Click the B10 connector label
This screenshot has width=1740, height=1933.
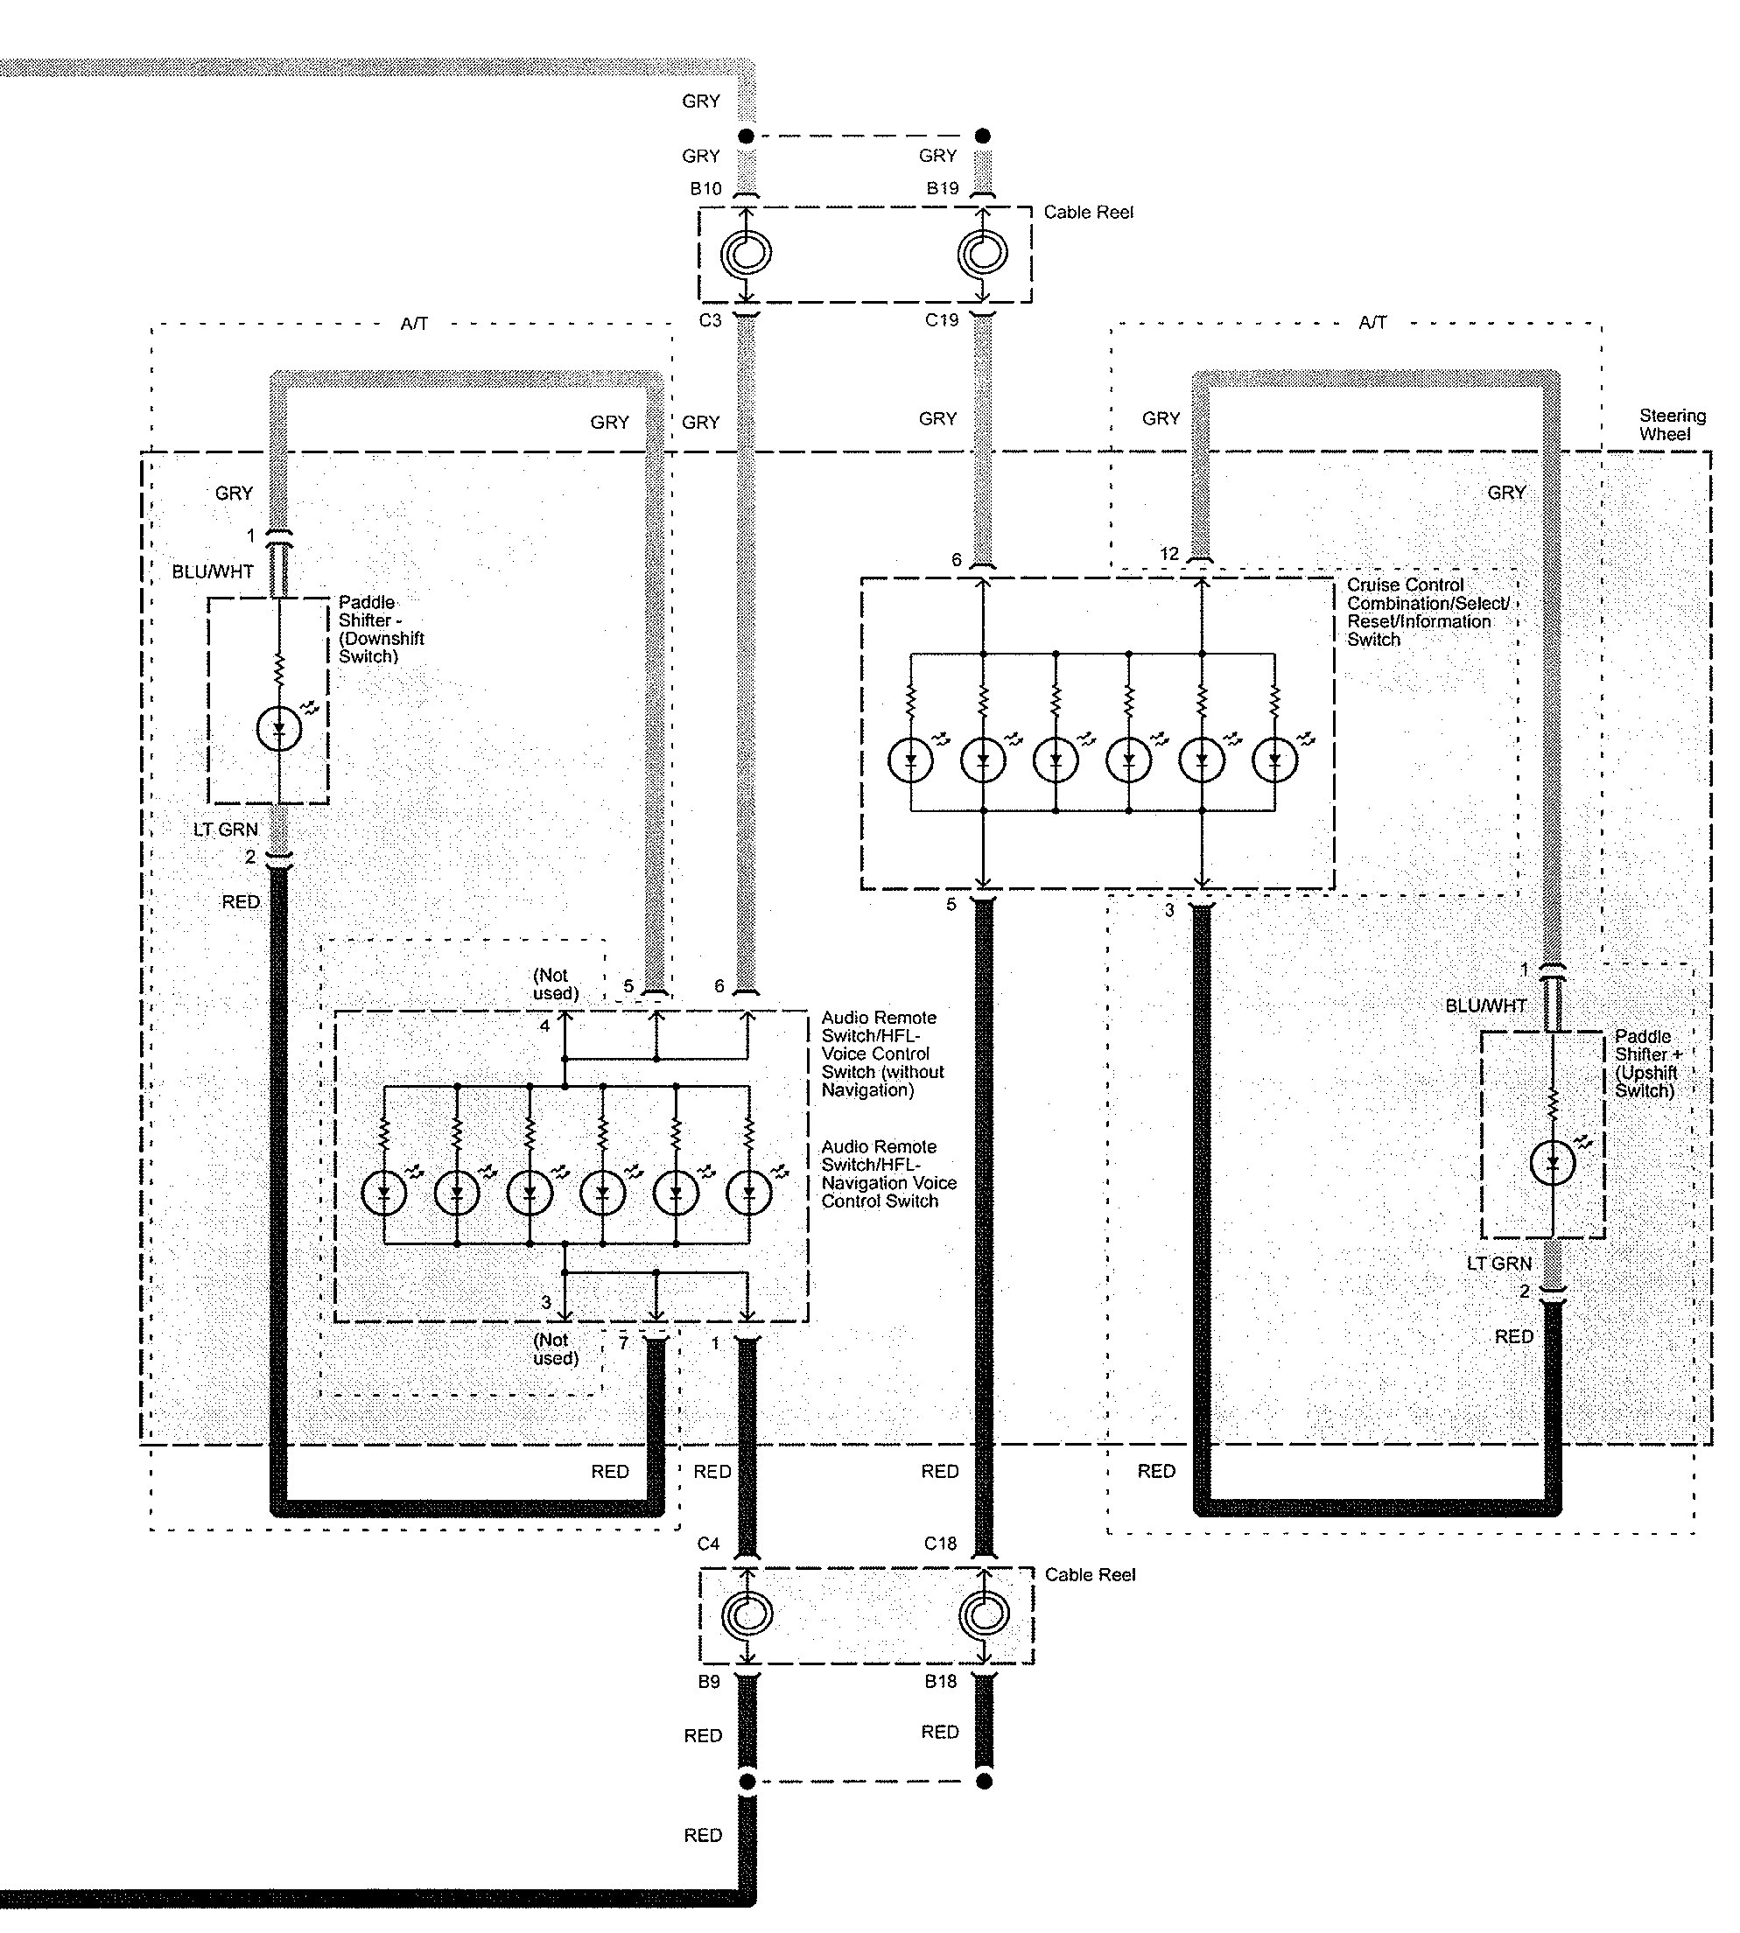[705, 189]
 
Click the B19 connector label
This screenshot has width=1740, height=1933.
[942, 188]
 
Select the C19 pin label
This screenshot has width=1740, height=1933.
[941, 320]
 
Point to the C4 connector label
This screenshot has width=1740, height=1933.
[708, 1544]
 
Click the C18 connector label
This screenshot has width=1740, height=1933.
[940, 1544]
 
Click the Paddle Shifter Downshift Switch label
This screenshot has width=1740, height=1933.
[381, 629]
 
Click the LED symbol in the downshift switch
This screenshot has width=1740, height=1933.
[279, 730]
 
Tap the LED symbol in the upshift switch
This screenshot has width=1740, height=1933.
[1553, 1164]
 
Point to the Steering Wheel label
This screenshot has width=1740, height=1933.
[1672, 424]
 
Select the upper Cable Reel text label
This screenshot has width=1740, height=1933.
[1088, 213]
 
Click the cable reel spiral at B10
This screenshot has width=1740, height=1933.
[746, 255]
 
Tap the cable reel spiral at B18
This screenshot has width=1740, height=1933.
[983, 1614]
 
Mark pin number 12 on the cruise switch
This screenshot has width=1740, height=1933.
[1169, 554]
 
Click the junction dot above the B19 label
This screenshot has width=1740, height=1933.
[983, 136]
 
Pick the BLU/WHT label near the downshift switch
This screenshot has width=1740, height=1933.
[212, 571]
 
